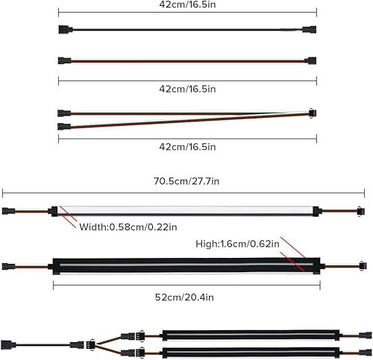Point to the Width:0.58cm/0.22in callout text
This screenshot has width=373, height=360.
[x=127, y=227]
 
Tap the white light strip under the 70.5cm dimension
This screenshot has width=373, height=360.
[x=186, y=211]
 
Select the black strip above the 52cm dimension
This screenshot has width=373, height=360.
[x=186, y=265]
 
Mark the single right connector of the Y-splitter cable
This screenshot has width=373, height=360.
[x=311, y=113]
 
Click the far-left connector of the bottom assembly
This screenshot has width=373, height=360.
[x=9, y=344]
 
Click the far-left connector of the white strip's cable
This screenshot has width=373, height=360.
[x=9, y=211]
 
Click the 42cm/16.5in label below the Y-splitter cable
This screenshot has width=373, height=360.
[x=187, y=148]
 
